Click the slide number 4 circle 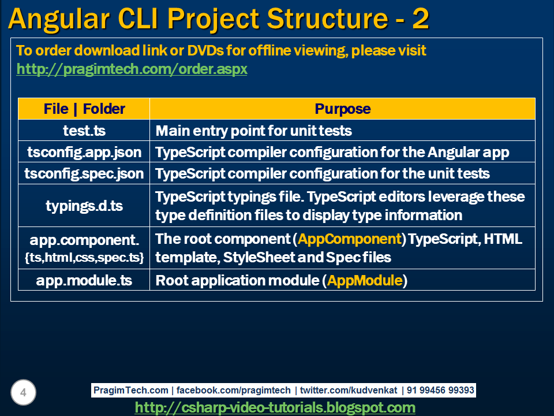(x=23, y=393)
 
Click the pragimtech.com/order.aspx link (x=132, y=69)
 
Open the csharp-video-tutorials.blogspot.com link (x=275, y=407)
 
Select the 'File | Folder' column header (x=84, y=109)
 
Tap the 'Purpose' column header (x=342, y=109)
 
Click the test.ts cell (x=84, y=131)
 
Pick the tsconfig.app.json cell (x=84, y=153)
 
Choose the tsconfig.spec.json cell (x=84, y=173)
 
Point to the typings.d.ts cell (x=84, y=206)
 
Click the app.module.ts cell (x=84, y=281)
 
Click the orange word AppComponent (x=350, y=239)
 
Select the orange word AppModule (x=365, y=281)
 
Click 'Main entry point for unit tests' (x=253, y=131)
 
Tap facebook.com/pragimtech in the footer (x=234, y=391)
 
